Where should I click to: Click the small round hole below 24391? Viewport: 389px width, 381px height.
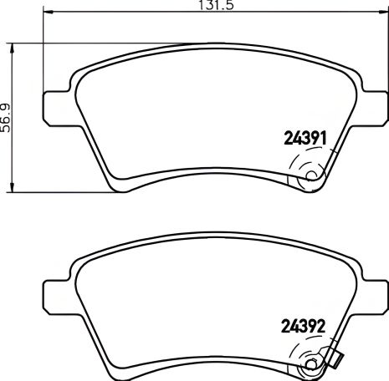pos(311,176)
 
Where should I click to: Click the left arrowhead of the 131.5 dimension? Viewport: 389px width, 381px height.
pos(45,14)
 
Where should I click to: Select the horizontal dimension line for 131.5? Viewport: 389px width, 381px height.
pos(125,14)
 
